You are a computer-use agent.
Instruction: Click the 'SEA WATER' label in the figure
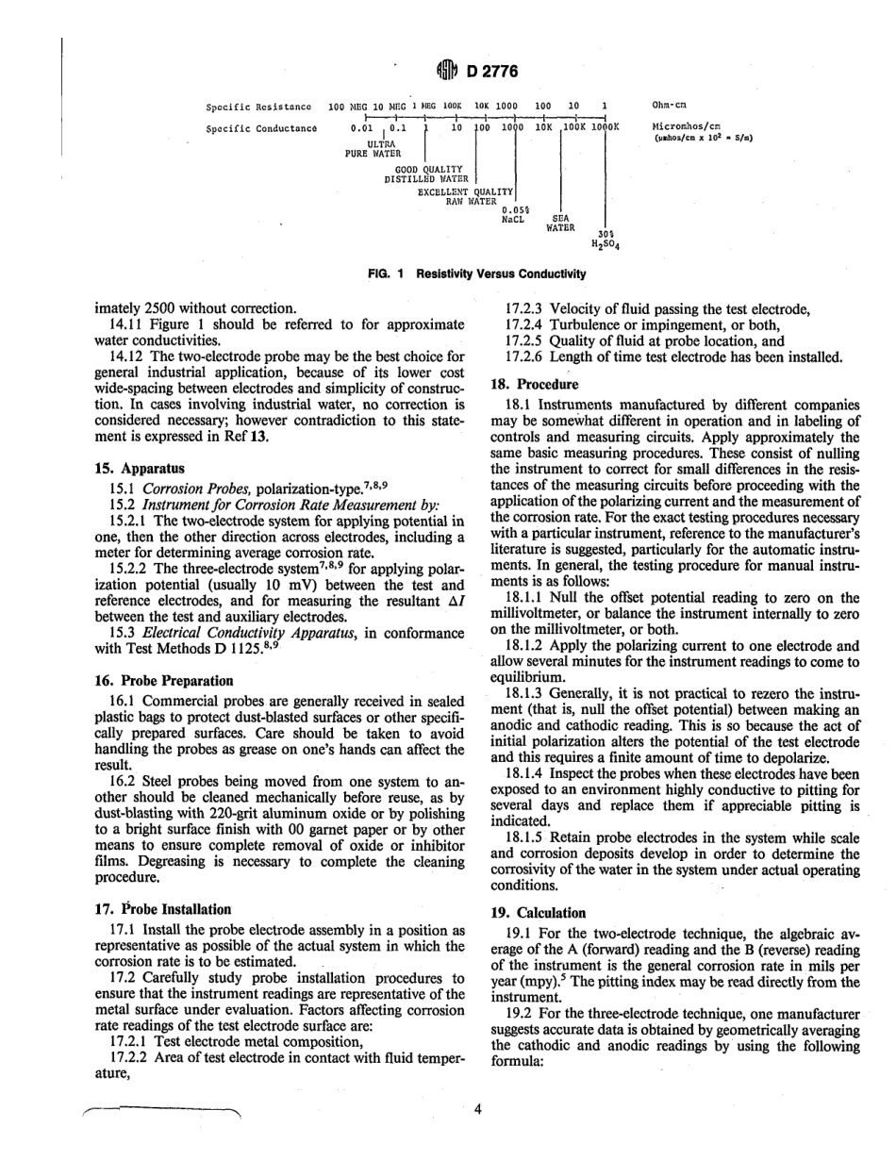point(559,223)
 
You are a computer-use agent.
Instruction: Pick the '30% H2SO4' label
point(606,240)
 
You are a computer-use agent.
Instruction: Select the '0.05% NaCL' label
point(514,213)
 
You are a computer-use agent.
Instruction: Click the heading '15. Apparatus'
point(140,467)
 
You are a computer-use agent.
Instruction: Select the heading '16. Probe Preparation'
point(164,680)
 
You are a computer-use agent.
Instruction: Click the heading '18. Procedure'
point(535,385)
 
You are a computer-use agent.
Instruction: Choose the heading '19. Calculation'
point(539,912)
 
